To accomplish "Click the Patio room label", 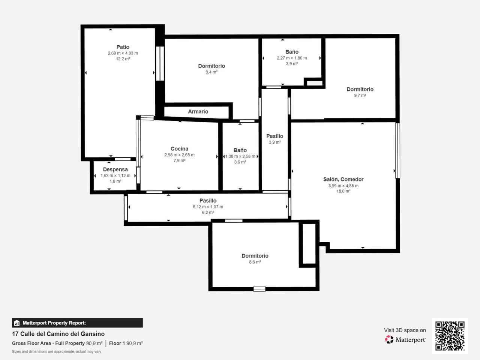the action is click(x=123, y=47).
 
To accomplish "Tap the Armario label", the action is click(x=198, y=111).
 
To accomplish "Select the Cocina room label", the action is click(x=179, y=148).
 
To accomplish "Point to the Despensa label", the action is click(x=115, y=169).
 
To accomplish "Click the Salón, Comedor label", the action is click(x=343, y=180).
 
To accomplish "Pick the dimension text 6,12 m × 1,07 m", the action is click(x=208, y=207).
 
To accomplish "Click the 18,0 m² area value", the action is click(x=343, y=191).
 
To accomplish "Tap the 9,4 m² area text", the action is click(x=211, y=72).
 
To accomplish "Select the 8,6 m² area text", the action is click(x=255, y=262).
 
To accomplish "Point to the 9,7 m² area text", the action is click(x=360, y=96).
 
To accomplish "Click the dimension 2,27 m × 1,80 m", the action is click(x=292, y=58).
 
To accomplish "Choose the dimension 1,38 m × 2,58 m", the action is click(x=240, y=156).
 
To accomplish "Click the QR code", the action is click(x=450, y=336).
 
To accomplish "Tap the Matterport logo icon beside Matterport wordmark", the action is click(x=389, y=339).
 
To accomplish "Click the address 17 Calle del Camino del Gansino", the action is click(x=58, y=334).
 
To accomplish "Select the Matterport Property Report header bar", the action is click(x=77, y=323).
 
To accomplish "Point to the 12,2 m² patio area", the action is click(x=123, y=59).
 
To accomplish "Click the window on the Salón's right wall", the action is click(x=397, y=151).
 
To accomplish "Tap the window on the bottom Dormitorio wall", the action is click(x=259, y=289).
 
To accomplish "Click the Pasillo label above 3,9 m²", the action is click(x=274, y=136).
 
